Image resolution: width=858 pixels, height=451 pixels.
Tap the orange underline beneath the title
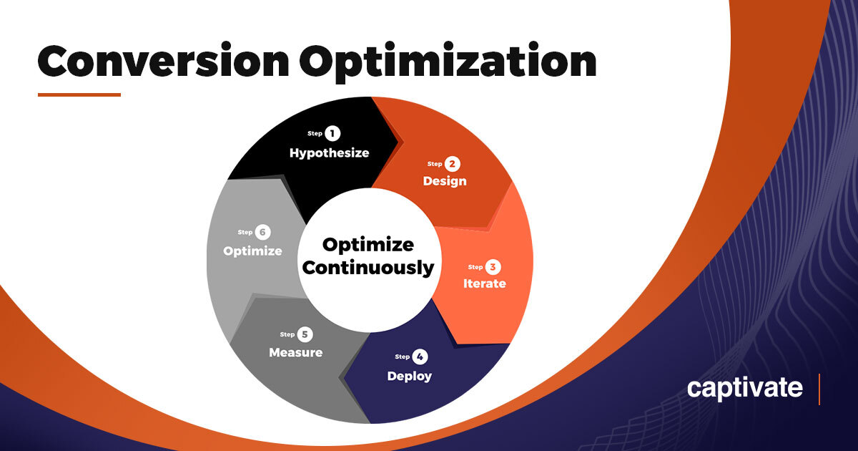point(79,94)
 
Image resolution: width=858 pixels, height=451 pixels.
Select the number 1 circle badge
point(332,133)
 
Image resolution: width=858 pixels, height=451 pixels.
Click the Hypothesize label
point(329,152)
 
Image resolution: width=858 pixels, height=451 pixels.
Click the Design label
point(444,181)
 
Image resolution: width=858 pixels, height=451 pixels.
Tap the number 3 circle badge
point(493,267)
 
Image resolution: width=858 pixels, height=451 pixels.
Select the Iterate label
point(484,283)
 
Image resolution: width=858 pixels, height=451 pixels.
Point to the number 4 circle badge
point(420,357)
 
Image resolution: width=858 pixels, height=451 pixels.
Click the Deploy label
point(409,376)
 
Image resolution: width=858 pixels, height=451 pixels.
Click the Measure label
point(295,352)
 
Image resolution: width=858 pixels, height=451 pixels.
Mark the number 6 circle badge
point(262,233)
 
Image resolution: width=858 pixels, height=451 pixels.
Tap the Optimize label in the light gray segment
point(252,251)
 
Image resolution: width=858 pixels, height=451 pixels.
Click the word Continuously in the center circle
point(368,268)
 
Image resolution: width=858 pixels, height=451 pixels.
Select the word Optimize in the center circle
point(368,245)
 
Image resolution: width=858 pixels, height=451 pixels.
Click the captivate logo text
point(744,389)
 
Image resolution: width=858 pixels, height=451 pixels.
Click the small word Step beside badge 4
point(402,357)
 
